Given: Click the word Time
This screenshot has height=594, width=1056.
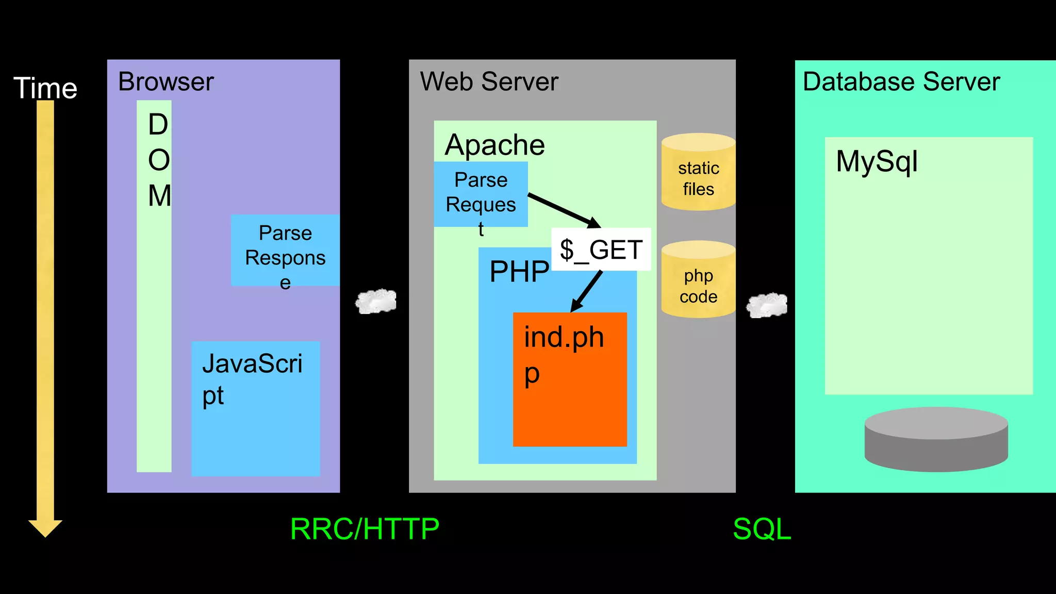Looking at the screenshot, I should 45,88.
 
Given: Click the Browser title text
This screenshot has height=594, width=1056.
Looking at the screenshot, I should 166,81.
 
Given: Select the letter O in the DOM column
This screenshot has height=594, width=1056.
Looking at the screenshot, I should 158,160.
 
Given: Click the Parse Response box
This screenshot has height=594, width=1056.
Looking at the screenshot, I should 285,250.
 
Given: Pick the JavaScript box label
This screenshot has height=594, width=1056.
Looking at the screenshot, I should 252,379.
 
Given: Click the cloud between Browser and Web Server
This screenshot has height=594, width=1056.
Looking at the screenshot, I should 376,301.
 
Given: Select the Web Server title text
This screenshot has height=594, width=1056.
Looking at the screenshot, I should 489,81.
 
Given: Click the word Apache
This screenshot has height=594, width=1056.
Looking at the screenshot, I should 494,145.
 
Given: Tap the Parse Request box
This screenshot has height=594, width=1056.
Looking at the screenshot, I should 481,194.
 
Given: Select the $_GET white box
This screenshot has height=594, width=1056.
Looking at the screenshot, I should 601,250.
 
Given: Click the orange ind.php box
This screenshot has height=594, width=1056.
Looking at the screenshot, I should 570,392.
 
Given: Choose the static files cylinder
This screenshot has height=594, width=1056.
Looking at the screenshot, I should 698,173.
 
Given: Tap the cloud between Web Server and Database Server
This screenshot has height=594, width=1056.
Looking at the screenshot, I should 767,305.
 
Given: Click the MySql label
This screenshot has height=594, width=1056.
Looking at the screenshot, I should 877,161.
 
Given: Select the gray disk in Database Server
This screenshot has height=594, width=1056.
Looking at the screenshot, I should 936,439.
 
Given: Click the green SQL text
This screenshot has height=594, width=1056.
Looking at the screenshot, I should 762,529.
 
